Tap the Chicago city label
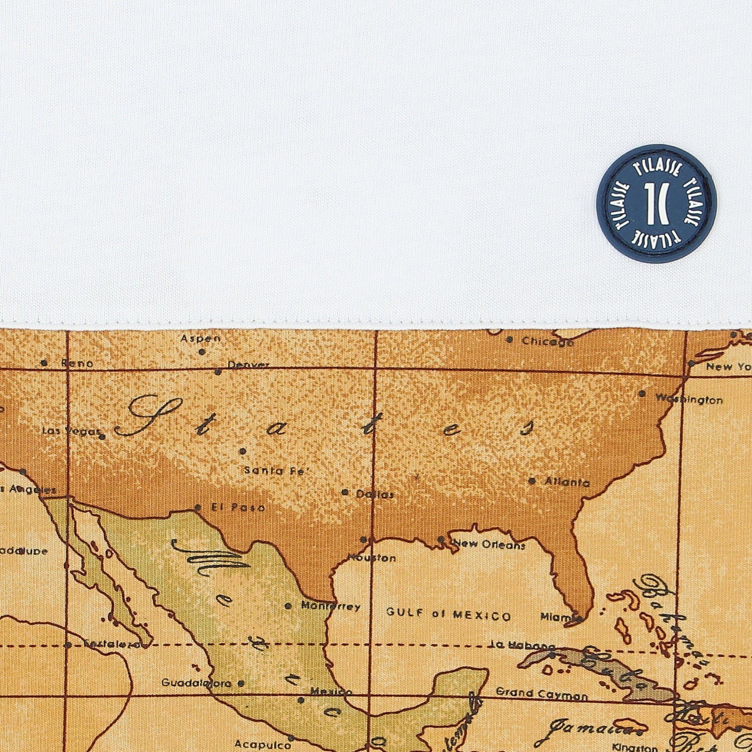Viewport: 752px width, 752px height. [x=547, y=342]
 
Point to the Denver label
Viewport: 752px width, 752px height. [x=248, y=365]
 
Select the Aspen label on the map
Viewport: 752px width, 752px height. [x=201, y=339]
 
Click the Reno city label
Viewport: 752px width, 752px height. [x=77, y=363]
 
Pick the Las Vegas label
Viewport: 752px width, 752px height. [x=70, y=431]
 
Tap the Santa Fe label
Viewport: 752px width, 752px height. [x=276, y=471]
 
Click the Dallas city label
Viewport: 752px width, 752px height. [x=374, y=494]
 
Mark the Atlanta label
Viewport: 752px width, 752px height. [x=567, y=482]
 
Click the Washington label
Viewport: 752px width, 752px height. [x=689, y=400]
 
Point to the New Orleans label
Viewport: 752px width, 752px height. [x=489, y=544]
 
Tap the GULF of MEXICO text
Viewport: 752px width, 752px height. [x=448, y=614]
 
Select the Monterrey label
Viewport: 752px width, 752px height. [x=330, y=607]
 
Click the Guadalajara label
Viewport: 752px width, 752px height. [x=196, y=683]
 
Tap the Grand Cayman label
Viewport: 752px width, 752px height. [x=541, y=694]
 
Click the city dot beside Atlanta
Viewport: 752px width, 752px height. [x=532, y=481]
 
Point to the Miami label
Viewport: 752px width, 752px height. [x=557, y=617]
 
